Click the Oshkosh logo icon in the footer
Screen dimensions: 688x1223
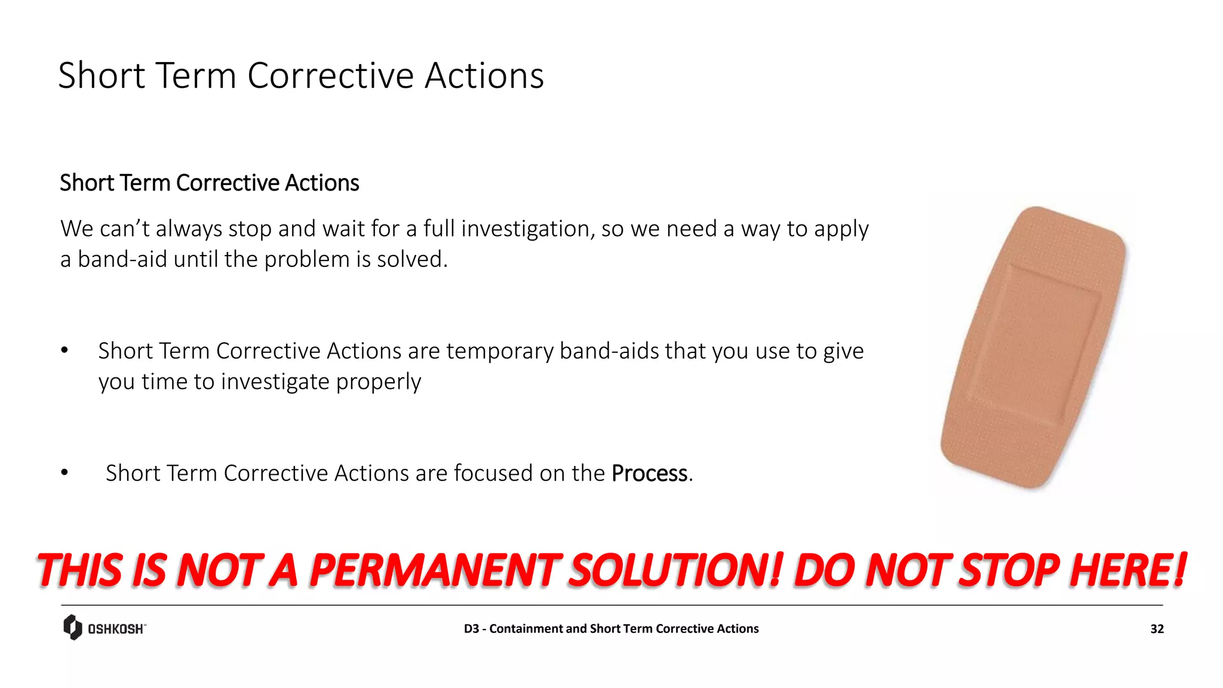coord(72,627)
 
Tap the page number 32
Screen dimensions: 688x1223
coord(1157,629)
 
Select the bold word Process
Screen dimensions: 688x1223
coord(650,473)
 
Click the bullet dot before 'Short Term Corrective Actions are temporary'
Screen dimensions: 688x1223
coord(64,351)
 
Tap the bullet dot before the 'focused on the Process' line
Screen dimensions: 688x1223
coord(64,473)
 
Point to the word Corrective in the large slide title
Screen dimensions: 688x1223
coord(330,76)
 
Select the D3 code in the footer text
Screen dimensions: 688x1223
coord(471,629)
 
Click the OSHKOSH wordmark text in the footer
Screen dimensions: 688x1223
coord(116,629)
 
